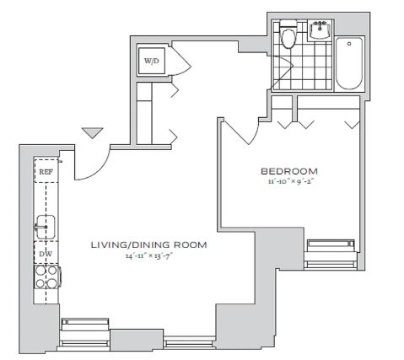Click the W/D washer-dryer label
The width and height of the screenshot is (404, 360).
tap(151, 61)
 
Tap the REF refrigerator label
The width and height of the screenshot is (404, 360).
tap(46, 172)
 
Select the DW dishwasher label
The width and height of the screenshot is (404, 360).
tap(46, 254)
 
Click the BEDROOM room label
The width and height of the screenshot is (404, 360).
tap(289, 171)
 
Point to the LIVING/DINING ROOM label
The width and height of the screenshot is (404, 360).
tap(149, 244)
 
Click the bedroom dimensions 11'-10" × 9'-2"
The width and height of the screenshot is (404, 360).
tap(291, 181)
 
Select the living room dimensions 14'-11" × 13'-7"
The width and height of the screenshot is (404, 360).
tap(148, 256)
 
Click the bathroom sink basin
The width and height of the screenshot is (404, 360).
tap(320, 30)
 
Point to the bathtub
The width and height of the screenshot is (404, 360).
tap(349, 64)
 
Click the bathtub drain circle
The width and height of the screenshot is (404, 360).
tap(349, 44)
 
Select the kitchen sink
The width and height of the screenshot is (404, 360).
tap(46, 227)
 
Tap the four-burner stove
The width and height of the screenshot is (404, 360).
tap(46, 277)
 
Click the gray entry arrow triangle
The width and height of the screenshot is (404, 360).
tap(93, 132)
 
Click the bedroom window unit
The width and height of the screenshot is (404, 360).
tap(331, 255)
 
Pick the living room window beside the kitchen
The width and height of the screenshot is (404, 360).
tap(84, 334)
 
